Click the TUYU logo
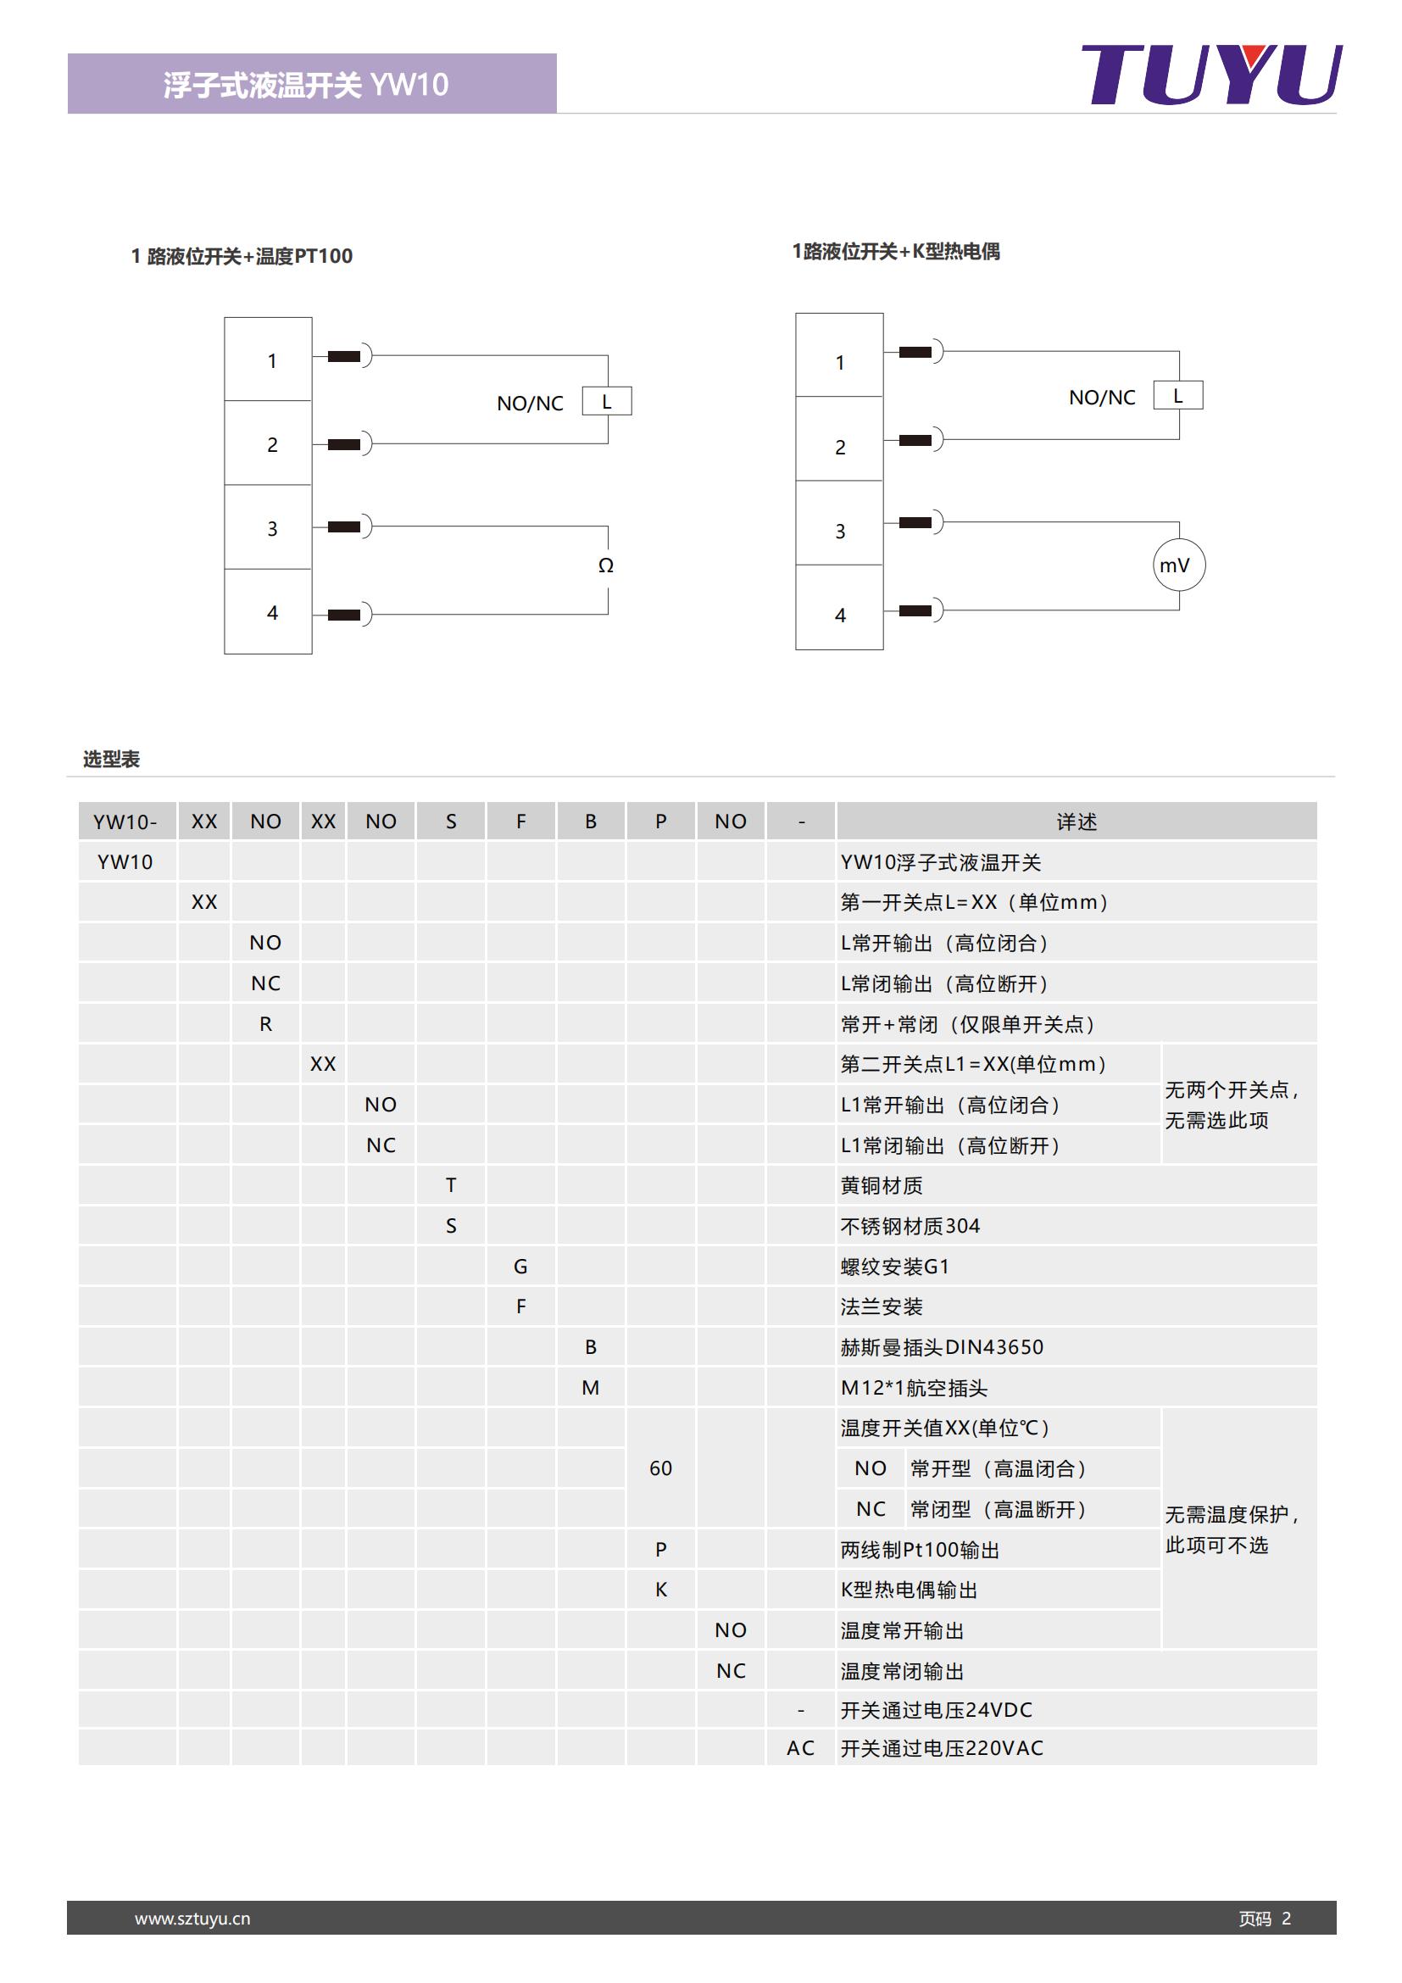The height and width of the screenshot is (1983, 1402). [x=1211, y=75]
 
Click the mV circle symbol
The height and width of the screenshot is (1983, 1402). [x=1178, y=565]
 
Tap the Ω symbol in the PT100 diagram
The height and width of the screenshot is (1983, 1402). [x=606, y=565]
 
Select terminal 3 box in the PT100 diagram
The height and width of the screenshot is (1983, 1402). [x=269, y=526]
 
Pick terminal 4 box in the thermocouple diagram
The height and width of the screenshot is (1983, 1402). [x=839, y=608]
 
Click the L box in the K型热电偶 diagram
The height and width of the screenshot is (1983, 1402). [x=1177, y=396]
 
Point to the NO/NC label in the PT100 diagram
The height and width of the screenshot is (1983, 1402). [x=529, y=404]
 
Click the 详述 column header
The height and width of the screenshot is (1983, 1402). [x=1077, y=822]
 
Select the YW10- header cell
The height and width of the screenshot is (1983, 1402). [x=126, y=822]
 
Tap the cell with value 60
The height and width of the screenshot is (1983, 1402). [x=660, y=1468]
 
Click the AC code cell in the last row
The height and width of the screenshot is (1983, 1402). [x=800, y=1748]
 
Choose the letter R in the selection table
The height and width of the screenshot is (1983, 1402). [x=266, y=1024]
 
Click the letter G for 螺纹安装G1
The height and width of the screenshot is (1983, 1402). [x=520, y=1266]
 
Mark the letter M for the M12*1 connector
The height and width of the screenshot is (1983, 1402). [x=591, y=1388]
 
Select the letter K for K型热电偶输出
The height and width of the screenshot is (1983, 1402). [x=660, y=1590]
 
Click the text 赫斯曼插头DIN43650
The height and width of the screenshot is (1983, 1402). [x=942, y=1347]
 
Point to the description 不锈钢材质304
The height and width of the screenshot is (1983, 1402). [x=910, y=1227]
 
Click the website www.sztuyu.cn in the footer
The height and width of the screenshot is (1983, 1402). [x=192, y=1919]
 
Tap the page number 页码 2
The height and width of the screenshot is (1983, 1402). [x=1265, y=1919]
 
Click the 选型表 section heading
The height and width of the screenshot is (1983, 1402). [x=111, y=759]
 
